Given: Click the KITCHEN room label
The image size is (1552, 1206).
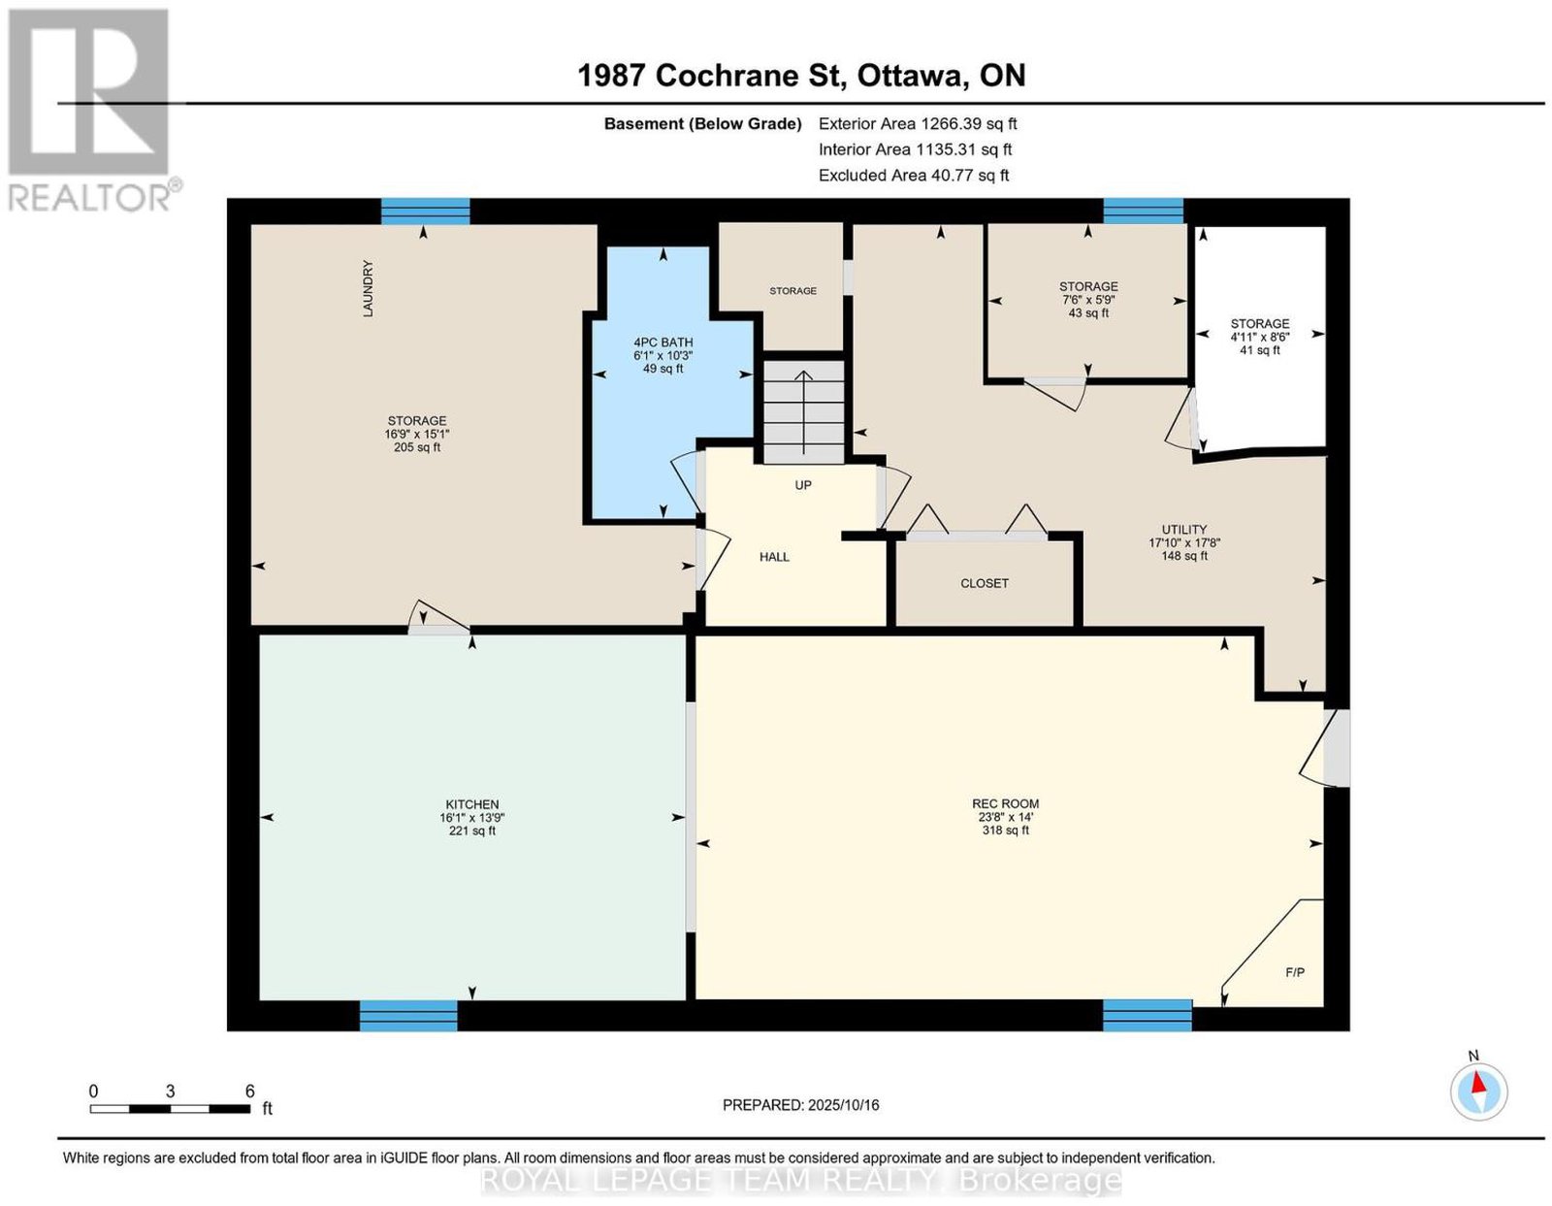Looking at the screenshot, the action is [472, 804].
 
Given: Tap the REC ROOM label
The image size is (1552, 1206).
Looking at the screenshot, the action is [1005, 803].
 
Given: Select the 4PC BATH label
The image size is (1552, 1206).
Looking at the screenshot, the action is [663, 342].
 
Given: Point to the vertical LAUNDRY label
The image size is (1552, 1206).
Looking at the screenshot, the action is [368, 288].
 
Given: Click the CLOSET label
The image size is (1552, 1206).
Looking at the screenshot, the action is [985, 583].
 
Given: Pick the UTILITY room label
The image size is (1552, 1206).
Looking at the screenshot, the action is [1184, 529].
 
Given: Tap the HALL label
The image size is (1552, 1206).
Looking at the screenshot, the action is [774, 557].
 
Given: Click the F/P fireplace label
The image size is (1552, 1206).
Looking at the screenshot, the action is [1295, 972].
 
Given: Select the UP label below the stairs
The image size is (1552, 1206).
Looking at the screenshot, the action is [803, 485].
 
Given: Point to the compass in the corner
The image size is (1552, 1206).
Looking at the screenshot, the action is [1477, 1092].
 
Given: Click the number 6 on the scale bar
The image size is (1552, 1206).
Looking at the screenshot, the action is [249, 1092].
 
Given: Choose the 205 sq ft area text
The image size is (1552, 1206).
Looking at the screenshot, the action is [416, 447].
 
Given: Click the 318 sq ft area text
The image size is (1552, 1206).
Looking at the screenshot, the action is [1005, 831].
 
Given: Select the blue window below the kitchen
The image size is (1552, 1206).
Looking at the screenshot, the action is [407, 1016].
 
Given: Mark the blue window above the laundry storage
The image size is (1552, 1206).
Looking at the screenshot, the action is [425, 212].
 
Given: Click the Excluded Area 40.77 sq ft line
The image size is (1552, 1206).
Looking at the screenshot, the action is [914, 175].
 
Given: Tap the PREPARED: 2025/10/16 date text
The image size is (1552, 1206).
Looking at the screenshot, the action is [800, 1104].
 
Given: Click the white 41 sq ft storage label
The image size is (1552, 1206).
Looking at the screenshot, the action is [1260, 350].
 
